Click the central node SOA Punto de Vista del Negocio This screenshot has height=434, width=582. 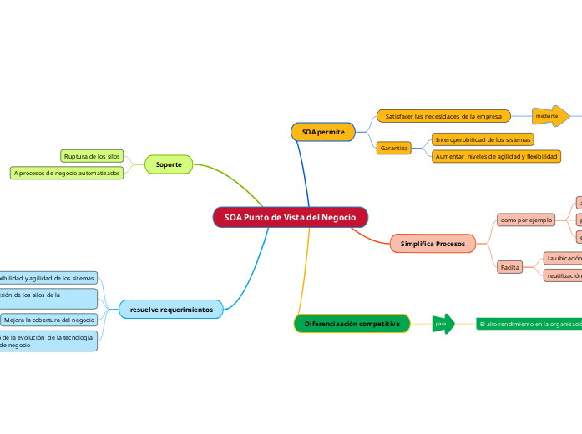click(x=290, y=217)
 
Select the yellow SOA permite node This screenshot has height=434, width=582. click(x=323, y=132)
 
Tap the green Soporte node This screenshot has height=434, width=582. click(x=169, y=164)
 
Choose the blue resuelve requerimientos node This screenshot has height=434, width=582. click(x=170, y=310)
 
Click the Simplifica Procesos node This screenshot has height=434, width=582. click(x=433, y=244)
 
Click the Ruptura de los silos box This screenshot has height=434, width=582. click(x=92, y=156)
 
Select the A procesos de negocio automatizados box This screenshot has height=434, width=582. click(x=67, y=173)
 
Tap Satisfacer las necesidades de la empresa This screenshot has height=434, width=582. click(x=443, y=116)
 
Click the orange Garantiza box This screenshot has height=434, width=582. click(x=393, y=148)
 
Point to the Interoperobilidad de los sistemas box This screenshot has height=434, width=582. click(x=483, y=139)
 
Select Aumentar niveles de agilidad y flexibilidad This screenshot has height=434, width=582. click(x=496, y=157)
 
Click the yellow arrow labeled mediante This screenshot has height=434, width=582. click(x=551, y=116)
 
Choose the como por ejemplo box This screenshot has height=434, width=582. click(x=526, y=220)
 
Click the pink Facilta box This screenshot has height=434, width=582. click(x=509, y=267)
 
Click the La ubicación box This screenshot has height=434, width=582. click(x=562, y=259)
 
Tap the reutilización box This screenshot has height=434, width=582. click(x=562, y=275)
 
